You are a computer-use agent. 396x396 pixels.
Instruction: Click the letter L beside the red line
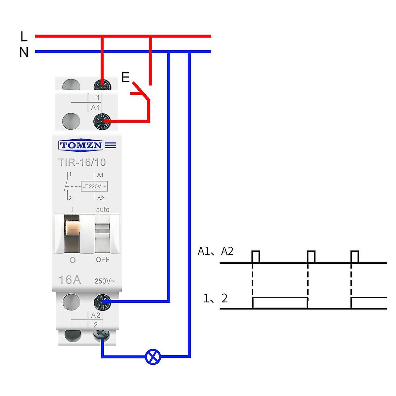[x=23, y=37]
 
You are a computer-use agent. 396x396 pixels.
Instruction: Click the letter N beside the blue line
[x=24, y=52]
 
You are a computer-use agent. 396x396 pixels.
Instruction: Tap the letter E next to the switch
[x=125, y=77]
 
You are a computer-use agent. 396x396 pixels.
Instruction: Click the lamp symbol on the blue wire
[x=153, y=357]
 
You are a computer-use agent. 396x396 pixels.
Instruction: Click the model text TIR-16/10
[x=82, y=162]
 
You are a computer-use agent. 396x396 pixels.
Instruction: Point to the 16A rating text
[x=69, y=280]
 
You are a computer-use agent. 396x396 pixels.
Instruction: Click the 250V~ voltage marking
[x=105, y=281]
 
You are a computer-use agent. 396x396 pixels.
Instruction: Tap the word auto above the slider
[x=103, y=210]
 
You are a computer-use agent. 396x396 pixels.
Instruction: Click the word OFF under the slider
[x=103, y=260]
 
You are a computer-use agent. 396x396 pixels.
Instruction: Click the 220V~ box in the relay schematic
[x=95, y=186]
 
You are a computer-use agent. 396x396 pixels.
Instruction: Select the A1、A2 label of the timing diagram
[x=215, y=251]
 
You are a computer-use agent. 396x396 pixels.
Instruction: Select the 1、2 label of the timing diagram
[x=215, y=299]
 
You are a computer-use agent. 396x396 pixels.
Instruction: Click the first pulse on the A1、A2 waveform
[x=256, y=257]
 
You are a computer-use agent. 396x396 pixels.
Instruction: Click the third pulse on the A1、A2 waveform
[x=355, y=257]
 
